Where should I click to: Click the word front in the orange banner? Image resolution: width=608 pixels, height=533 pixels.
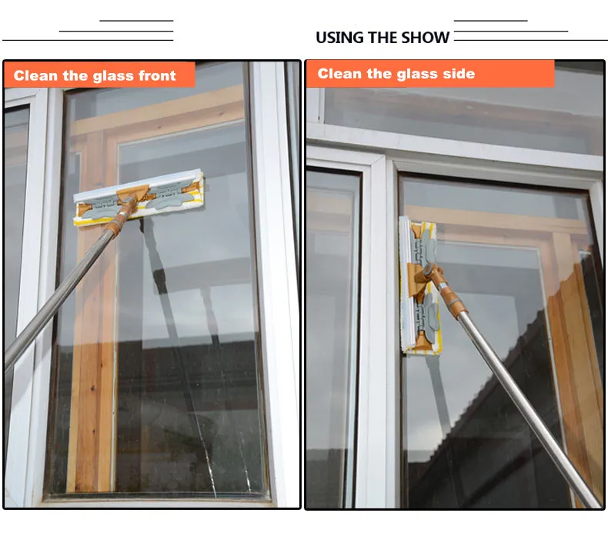click(157, 75)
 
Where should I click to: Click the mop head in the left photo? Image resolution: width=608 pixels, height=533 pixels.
click(139, 198)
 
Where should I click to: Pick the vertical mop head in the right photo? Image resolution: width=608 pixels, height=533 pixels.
click(420, 285)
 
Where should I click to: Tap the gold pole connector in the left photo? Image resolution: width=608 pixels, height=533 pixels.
click(120, 219)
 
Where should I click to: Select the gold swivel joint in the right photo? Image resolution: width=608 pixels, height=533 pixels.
click(430, 272)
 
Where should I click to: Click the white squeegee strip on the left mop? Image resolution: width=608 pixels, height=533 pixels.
click(138, 182)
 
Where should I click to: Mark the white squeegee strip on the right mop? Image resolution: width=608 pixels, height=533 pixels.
click(405, 285)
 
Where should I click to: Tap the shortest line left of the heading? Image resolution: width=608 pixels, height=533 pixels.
click(136, 21)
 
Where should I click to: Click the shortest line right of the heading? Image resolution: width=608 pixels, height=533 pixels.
click(490, 21)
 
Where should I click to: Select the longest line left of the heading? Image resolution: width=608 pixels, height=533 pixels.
click(88, 40)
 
